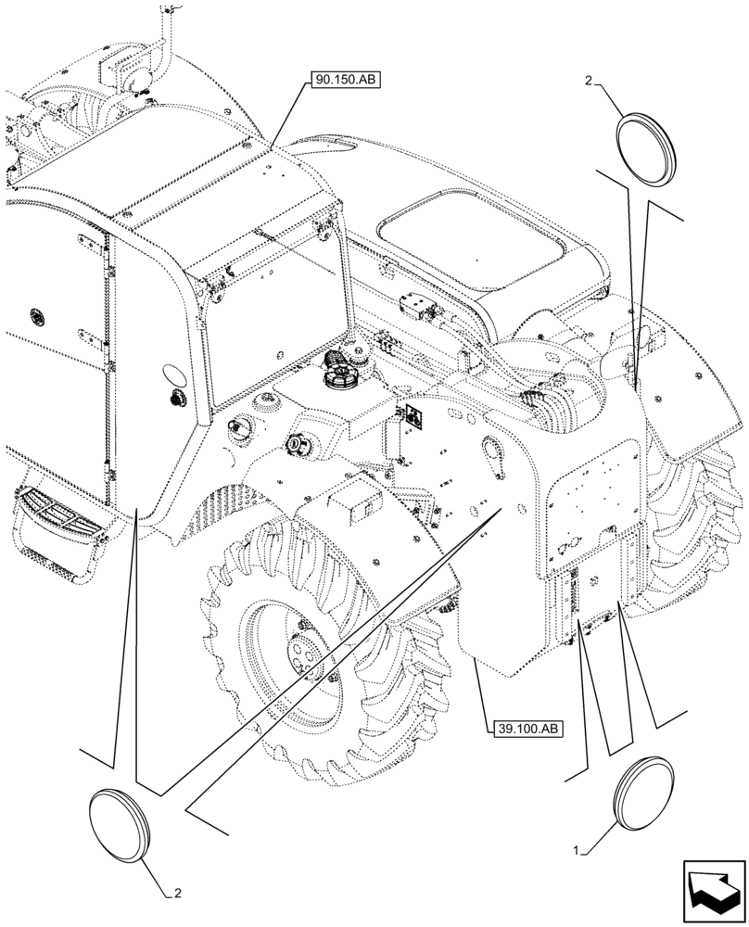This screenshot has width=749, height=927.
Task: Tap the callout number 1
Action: (577, 849)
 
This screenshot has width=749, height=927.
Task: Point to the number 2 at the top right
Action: (588, 82)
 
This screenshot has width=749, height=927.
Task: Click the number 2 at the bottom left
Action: (178, 894)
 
